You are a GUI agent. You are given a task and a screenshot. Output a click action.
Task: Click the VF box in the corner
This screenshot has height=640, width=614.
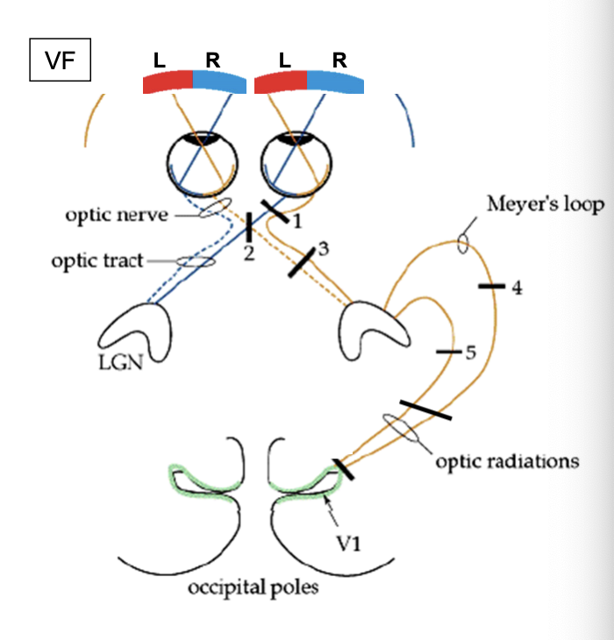pos(60,60)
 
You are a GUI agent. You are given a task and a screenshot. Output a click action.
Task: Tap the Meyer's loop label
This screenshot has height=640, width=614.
pos(546,205)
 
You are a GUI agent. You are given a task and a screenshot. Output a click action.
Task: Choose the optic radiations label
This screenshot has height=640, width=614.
pos(507,460)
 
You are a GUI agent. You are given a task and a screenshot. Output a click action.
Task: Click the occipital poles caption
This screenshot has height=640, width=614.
pos(253,587)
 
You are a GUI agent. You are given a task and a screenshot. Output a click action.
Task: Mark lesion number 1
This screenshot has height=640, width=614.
pos(298,223)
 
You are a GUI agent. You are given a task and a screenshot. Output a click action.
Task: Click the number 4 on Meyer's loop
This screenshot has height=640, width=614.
pos(517,287)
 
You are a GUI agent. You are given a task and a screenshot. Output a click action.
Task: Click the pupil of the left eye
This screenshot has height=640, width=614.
pos(203,137)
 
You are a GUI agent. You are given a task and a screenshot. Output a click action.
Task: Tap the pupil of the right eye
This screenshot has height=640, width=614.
pos(298,137)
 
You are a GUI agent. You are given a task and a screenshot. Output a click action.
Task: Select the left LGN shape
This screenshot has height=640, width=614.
pos(137,330)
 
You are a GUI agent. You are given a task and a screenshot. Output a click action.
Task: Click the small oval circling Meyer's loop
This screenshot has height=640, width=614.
pos(461,243)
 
